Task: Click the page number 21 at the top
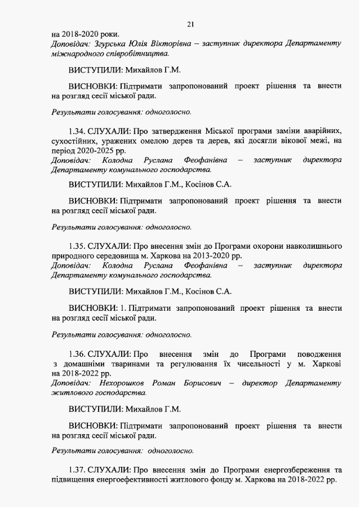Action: click(190, 23)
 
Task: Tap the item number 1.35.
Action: click(78, 246)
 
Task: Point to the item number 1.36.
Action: click(78, 354)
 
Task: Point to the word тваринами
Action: click(127, 363)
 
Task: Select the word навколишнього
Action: click(311, 246)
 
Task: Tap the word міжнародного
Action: click(78, 53)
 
